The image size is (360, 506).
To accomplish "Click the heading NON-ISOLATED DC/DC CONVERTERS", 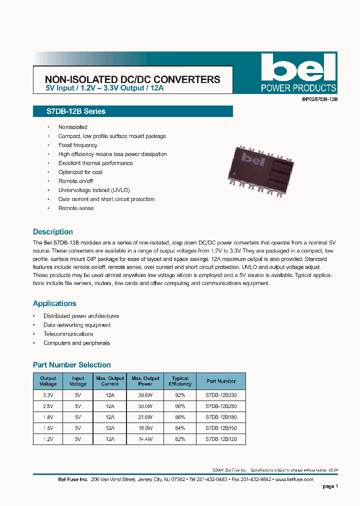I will click(132, 79).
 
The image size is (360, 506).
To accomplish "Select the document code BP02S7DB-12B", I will click(320, 99).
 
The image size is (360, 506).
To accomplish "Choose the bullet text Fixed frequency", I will click(77, 145).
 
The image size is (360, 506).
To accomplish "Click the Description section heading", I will click(52, 232).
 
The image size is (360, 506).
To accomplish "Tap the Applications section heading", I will click(54, 303).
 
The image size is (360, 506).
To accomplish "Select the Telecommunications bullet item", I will click(68, 334).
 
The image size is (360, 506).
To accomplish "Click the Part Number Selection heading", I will click(71, 365).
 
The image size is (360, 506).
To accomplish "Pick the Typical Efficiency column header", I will click(179, 381).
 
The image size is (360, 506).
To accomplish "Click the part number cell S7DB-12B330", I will click(220, 394).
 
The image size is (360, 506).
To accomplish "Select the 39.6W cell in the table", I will click(145, 394).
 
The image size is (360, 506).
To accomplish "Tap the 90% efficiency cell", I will click(179, 405).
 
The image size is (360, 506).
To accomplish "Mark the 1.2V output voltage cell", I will click(48, 439).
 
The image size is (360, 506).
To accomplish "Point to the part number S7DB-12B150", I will click(220, 428).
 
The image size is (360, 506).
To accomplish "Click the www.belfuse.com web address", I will click(294, 479).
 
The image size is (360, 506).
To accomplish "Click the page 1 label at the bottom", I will click(330, 486).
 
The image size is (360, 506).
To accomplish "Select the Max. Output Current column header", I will click(110, 381).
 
